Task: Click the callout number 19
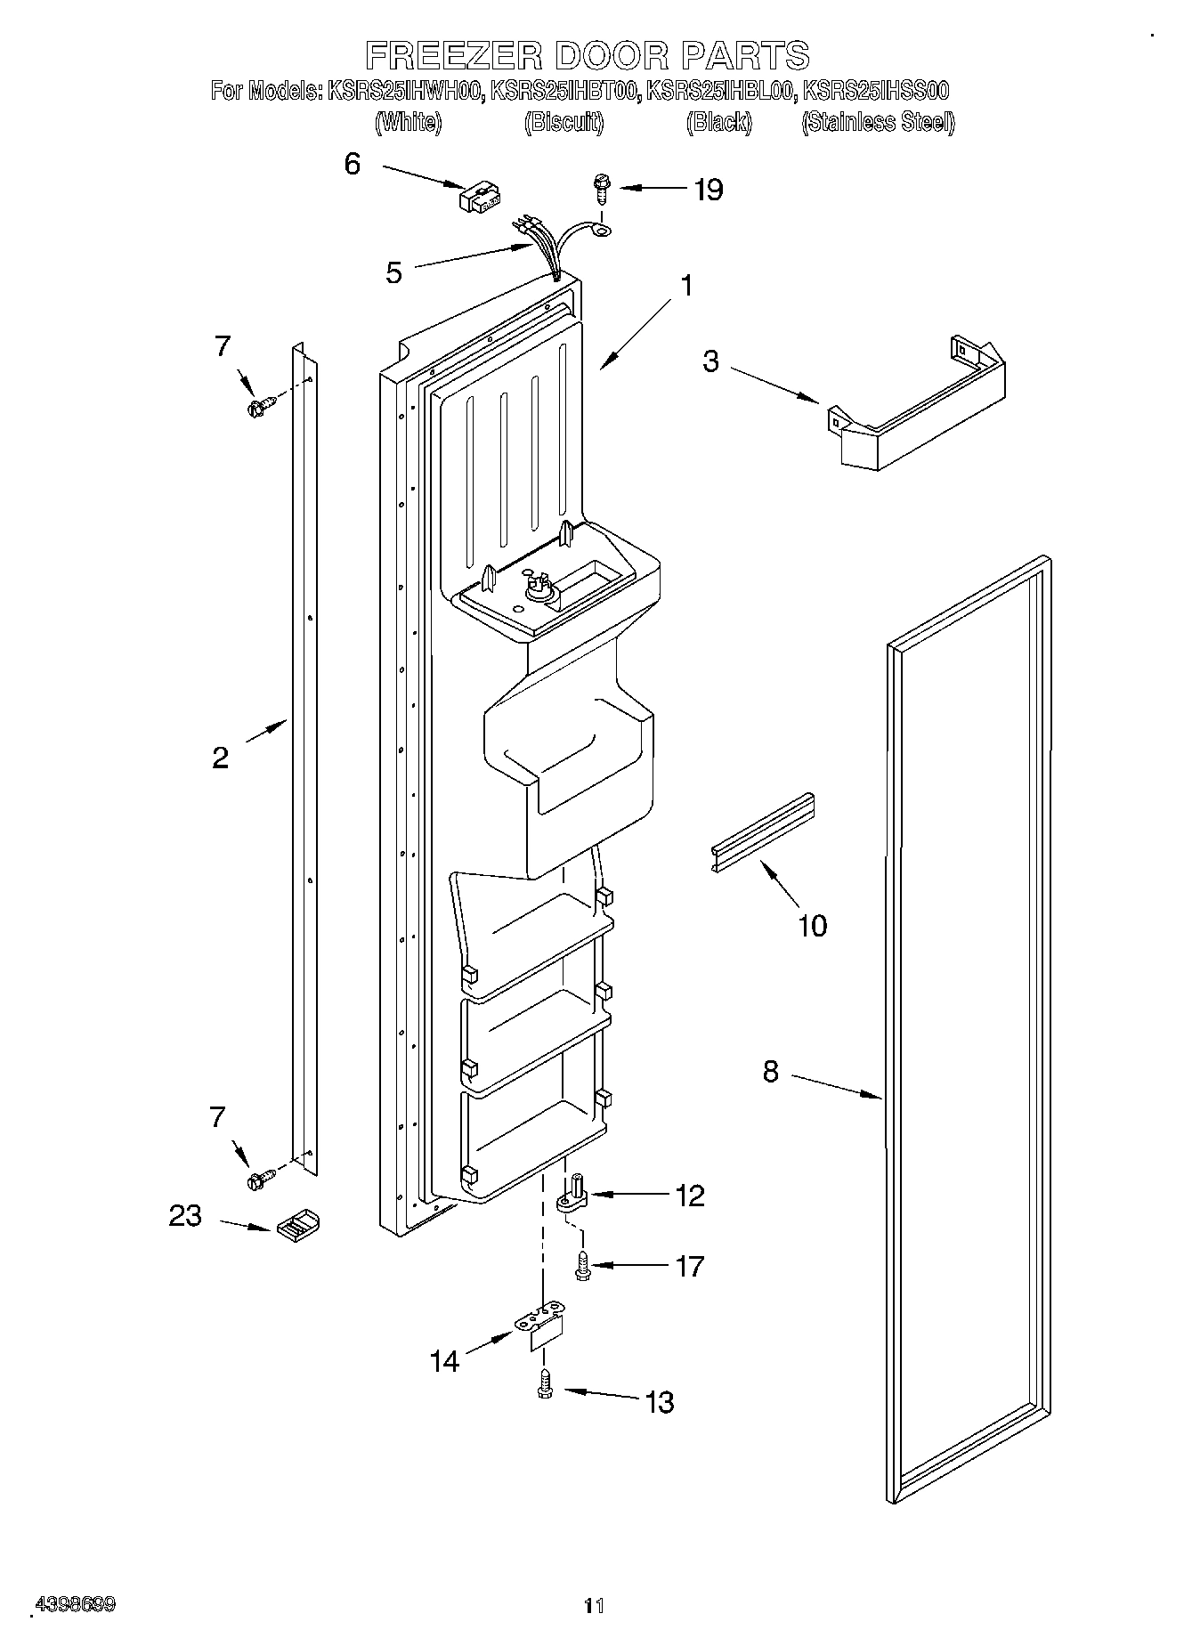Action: click(x=709, y=190)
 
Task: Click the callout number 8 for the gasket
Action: click(x=771, y=1072)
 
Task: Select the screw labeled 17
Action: click(x=583, y=1265)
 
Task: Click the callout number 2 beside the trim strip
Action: click(x=220, y=758)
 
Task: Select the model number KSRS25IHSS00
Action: click(x=876, y=90)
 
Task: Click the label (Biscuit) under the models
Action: click(x=564, y=122)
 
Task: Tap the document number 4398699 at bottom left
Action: click(x=75, y=1605)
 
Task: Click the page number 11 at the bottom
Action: click(x=594, y=1606)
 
